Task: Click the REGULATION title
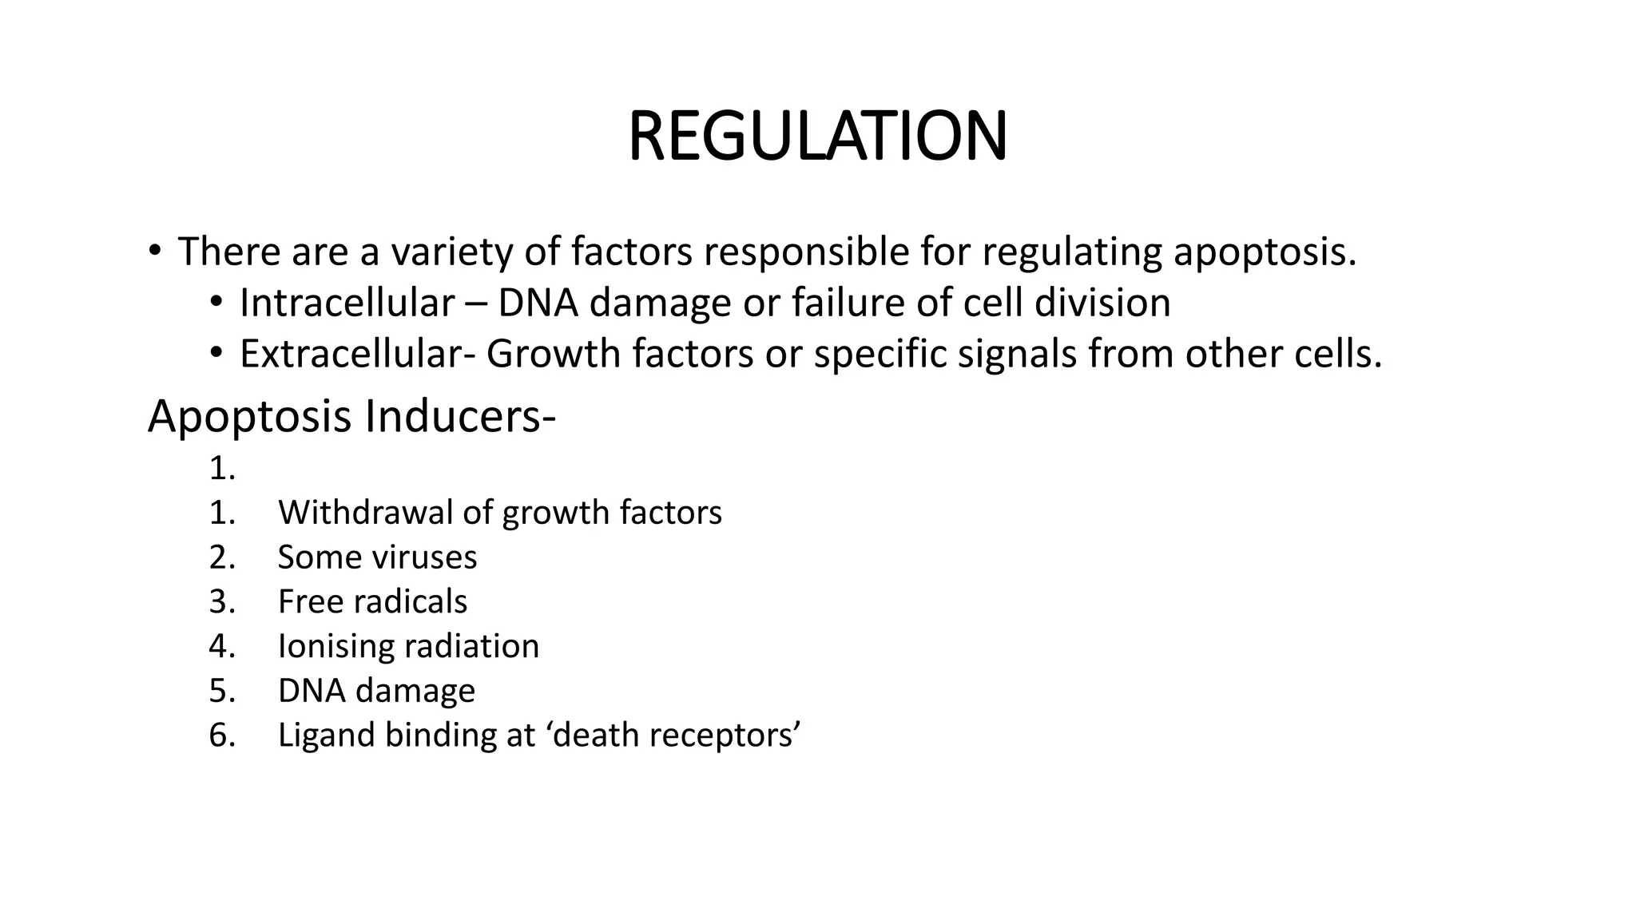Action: [817, 136]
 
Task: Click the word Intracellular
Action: [347, 303]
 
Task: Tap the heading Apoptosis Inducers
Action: [351, 417]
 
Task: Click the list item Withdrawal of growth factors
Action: [499, 513]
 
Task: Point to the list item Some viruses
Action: [377, 557]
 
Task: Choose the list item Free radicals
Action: [372, 602]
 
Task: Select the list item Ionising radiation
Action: [408, 646]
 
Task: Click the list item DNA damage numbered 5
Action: [376, 691]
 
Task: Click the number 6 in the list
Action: [222, 736]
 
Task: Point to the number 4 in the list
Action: [222, 646]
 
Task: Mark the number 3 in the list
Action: [222, 602]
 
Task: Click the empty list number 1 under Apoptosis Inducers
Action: [222, 469]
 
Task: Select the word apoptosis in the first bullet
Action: [1265, 252]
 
